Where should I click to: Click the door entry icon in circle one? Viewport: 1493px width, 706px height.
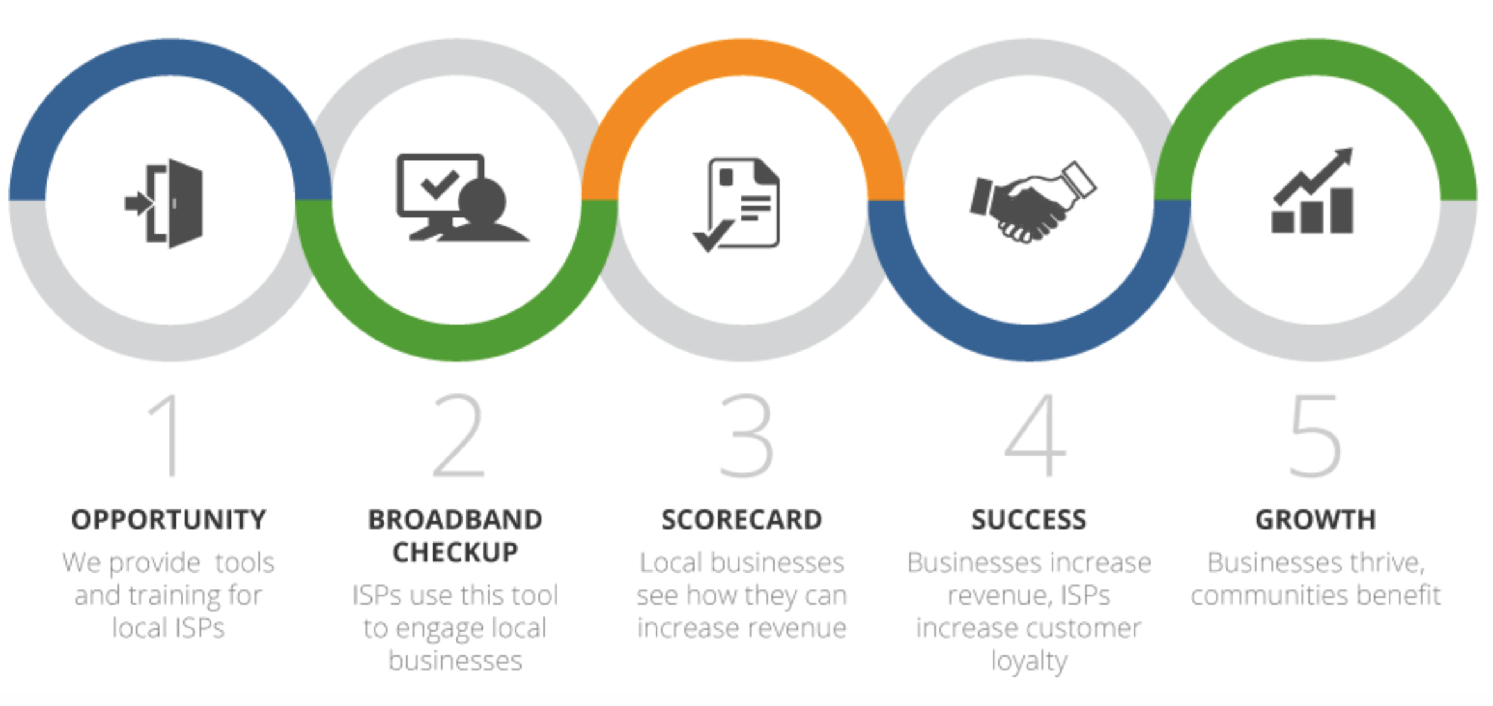pyautogui.click(x=165, y=203)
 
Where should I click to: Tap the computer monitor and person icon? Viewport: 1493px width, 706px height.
pyautogui.click(x=463, y=197)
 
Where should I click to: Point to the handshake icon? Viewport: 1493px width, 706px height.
pyautogui.click(x=1032, y=202)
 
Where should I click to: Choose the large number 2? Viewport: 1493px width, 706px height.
pyautogui.click(x=458, y=435)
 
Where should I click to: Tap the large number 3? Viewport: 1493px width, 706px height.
pyautogui.click(x=746, y=436)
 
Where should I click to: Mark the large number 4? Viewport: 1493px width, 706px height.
pyautogui.click(x=1035, y=436)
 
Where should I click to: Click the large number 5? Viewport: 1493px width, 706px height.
pyautogui.click(x=1315, y=436)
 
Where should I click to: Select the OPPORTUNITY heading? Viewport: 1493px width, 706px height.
pyautogui.click(x=169, y=520)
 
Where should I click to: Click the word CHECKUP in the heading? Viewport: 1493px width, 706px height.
pyautogui.click(x=456, y=552)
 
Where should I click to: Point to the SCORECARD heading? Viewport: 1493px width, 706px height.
pyautogui.click(x=742, y=520)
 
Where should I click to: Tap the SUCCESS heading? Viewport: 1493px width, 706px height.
pyautogui.click(x=1029, y=520)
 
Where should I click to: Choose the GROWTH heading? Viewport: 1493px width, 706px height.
pyautogui.click(x=1316, y=520)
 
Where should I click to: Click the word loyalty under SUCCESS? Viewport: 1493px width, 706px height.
pyautogui.click(x=1029, y=661)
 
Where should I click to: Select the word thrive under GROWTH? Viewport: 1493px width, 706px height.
pyautogui.click(x=1387, y=563)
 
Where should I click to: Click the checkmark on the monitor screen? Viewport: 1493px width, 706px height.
pyautogui.click(x=440, y=185)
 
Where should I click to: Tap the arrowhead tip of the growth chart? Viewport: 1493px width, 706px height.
pyautogui.click(x=1351, y=149)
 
